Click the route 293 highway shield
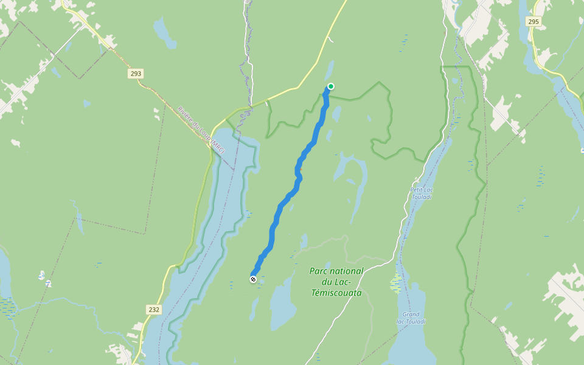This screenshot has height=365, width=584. (136, 74)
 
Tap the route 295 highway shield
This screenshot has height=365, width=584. (534, 21)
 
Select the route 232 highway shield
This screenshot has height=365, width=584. (154, 310)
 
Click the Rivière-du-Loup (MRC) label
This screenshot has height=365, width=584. (201, 130)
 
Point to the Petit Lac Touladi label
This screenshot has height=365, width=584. (421, 193)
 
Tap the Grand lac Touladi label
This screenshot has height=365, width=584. (411, 318)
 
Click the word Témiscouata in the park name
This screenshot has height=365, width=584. (335, 293)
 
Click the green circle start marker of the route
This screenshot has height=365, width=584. (331, 86)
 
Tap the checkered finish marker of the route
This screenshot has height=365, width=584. (253, 279)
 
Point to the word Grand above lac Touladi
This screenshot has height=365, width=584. (411, 314)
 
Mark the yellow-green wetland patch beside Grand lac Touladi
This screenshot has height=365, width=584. (396, 283)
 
